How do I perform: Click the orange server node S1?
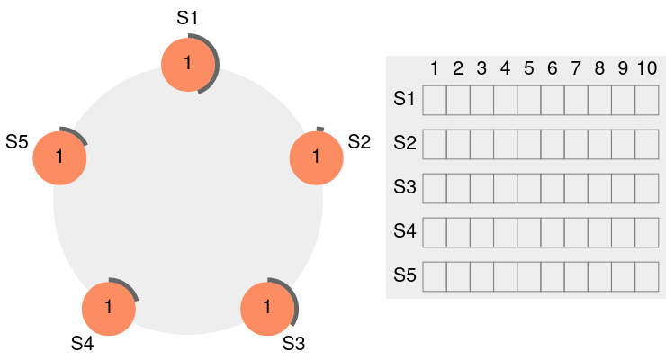pyautogui.click(x=188, y=65)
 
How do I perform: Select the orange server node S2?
pyautogui.click(x=317, y=157)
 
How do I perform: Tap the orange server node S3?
pyautogui.click(x=267, y=309)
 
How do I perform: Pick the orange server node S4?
pyautogui.click(x=109, y=309)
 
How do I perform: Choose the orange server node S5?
pyautogui.click(x=60, y=157)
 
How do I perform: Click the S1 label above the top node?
pyautogui.click(x=187, y=18)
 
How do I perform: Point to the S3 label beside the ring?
pyautogui.click(x=293, y=343)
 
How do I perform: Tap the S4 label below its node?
pyautogui.click(x=83, y=343)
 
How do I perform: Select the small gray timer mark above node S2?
pyautogui.click(x=320, y=129)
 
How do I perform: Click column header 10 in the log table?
pyautogui.click(x=647, y=68)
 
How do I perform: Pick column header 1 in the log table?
pyautogui.click(x=434, y=68)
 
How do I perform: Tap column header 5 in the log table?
pyautogui.click(x=529, y=68)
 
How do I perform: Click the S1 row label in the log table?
pyautogui.click(x=404, y=99)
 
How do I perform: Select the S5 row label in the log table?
pyautogui.click(x=404, y=275)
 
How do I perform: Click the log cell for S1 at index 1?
pyautogui.click(x=435, y=100)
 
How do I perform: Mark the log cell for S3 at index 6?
pyautogui.click(x=553, y=188)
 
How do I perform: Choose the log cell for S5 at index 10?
pyautogui.click(x=647, y=277)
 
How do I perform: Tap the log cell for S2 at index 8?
pyautogui.click(x=599, y=144)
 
